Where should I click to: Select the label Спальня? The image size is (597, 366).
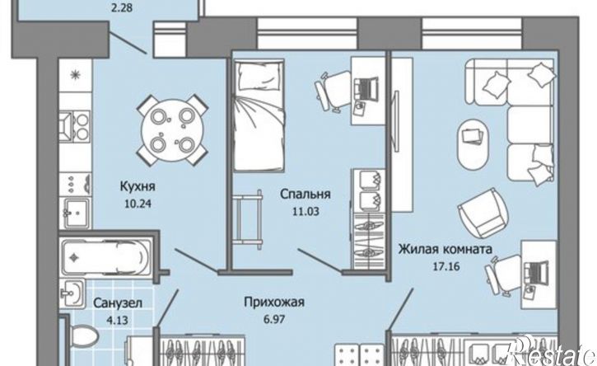point(305,195)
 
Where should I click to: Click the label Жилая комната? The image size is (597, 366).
point(445,247)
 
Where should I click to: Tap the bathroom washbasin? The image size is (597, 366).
point(71,293)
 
